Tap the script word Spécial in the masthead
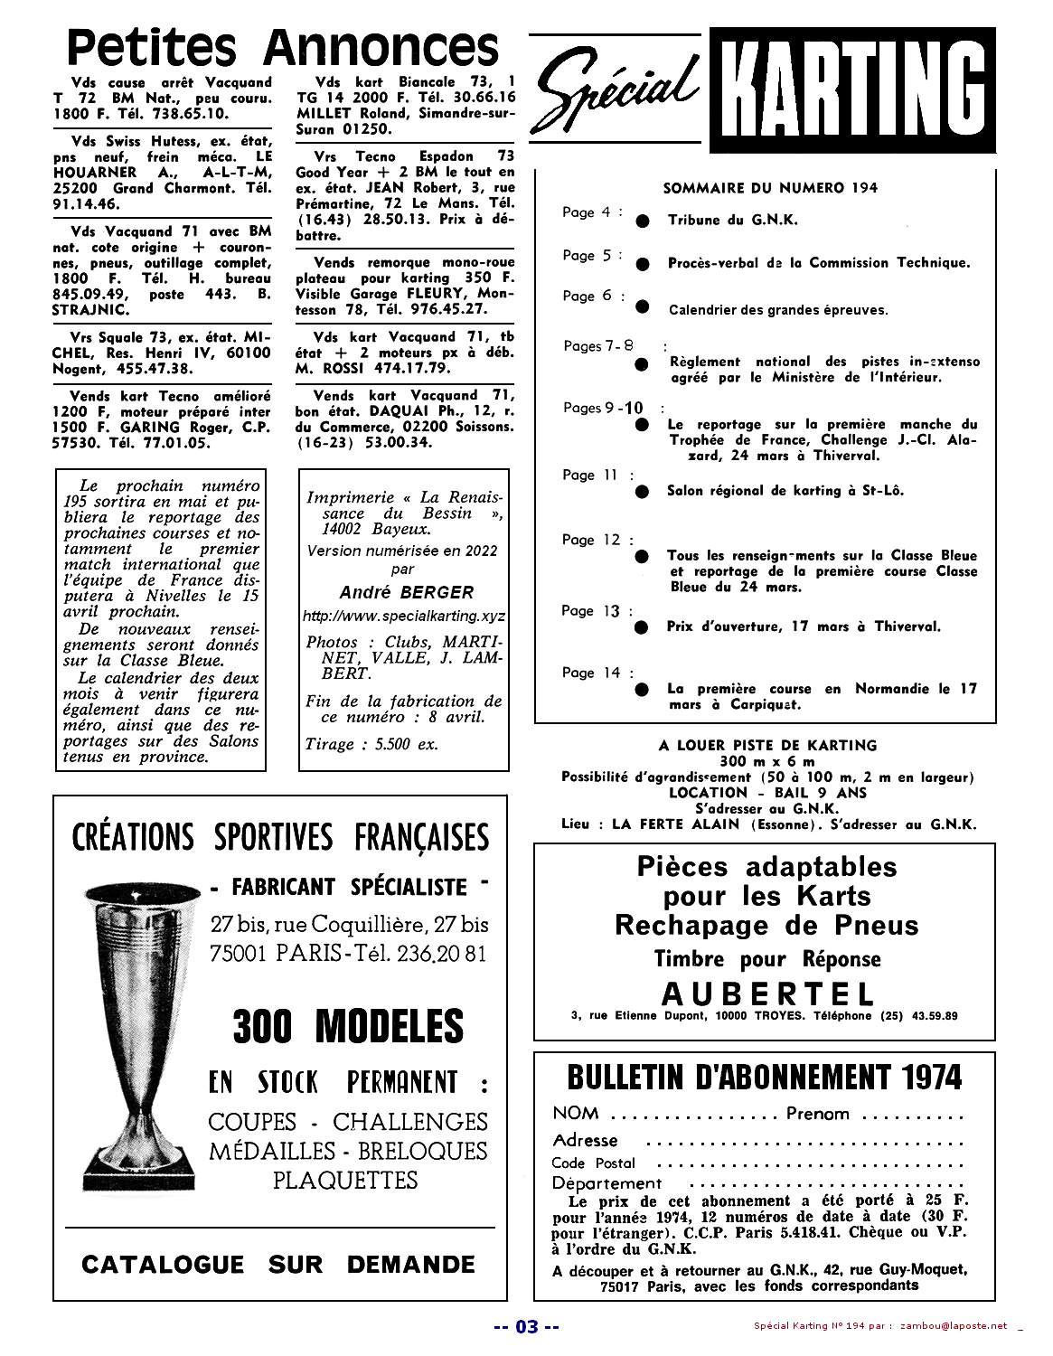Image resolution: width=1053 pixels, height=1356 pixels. (x=620, y=89)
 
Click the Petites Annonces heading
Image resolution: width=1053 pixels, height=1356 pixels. (x=284, y=45)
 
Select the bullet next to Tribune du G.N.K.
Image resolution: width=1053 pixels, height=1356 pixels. (x=642, y=221)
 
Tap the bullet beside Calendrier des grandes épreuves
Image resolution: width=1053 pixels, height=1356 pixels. (x=642, y=306)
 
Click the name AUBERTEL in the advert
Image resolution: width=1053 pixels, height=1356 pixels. (x=767, y=994)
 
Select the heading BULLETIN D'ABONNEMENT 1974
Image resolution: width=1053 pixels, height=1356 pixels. (x=764, y=1077)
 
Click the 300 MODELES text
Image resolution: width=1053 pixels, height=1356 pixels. (x=348, y=1026)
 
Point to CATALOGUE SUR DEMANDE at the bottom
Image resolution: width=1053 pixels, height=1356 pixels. (x=278, y=1264)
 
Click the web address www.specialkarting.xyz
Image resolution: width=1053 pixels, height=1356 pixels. (x=405, y=616)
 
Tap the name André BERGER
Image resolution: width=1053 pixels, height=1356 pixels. (x=406, y=593)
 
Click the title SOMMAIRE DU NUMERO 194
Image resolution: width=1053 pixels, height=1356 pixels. (x=770, y=188)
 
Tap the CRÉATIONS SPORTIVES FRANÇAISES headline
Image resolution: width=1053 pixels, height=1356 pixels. (x=280, y=836)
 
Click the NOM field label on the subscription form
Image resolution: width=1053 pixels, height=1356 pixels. (x=575, y=1113)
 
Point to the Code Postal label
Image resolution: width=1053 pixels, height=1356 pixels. (x=593, y=1163)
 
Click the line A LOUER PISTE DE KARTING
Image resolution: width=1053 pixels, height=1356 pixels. (x=767, y=746)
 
